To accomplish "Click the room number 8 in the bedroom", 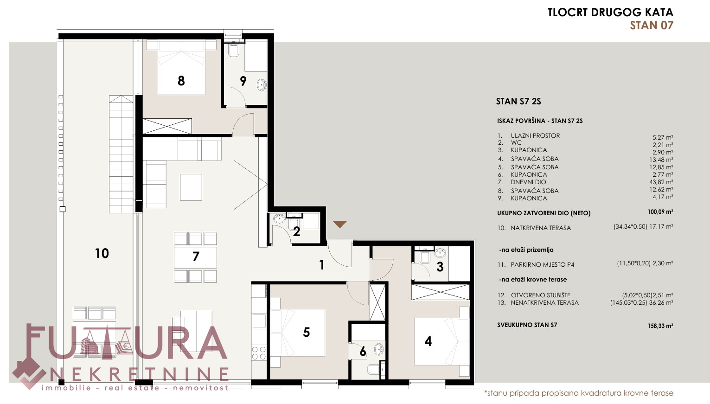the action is (x=181, y=81).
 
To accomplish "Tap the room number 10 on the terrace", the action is (x=102, y=253).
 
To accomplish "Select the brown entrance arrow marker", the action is (x=340, y=224).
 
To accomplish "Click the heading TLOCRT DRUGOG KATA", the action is (x=610, y=13).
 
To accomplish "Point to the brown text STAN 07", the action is (x=652, y=26).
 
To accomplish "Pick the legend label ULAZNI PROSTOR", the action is (x=535, y=135).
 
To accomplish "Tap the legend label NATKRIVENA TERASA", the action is (x=541, y=228).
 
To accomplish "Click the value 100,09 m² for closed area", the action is (x=660, y=212).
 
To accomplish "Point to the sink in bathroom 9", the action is (x=262, y=85).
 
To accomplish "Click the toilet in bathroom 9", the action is (x=234, y=50).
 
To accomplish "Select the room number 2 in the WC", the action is (x=296, y=231).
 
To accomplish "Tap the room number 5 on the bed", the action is (x=306, y=332).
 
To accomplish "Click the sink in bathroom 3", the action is (x=440, y=253).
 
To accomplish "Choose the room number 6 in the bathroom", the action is (x=363, y=351).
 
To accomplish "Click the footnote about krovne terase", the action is (x=579, y=393).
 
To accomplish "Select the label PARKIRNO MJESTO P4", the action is (x=542, y=264).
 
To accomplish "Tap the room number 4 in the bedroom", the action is (x=428, y=341).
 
